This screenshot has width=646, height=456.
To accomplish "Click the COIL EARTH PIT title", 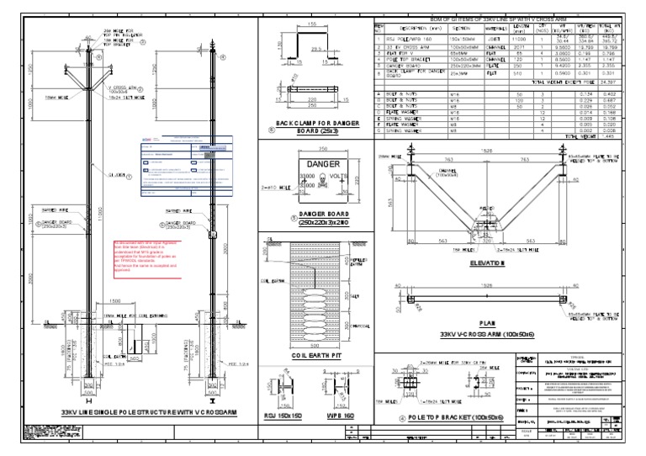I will click(x=314, y=356).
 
